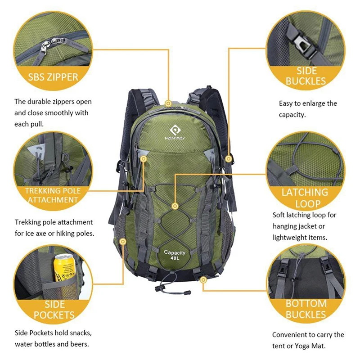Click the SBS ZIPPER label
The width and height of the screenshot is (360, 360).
click(x=53, y=76)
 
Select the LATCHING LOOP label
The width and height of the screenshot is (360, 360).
click(x=305, y=198)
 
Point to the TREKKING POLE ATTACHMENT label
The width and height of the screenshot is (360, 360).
click(x=53, y=195)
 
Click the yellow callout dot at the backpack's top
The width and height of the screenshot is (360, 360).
click(x=168, y=103)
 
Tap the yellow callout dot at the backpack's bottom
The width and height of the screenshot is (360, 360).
click(x=203, y=280)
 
